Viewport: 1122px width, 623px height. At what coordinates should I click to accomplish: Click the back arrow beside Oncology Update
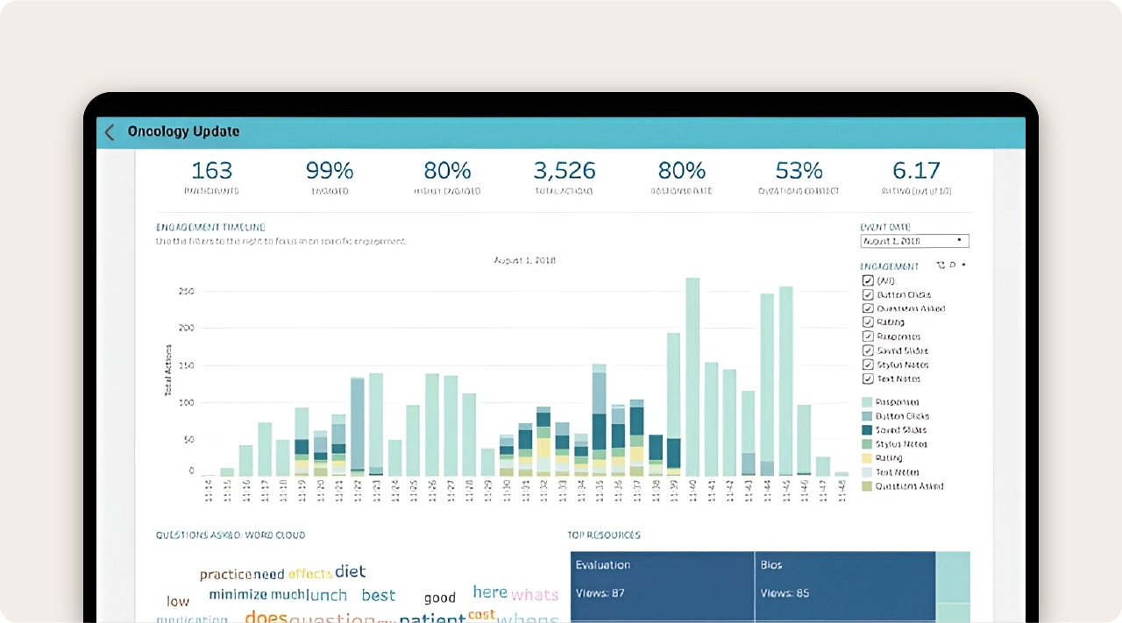click(110, 132)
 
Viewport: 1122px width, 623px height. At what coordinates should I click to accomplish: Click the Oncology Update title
click(183, 132)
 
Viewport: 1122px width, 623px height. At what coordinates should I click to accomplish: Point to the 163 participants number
click(211, 170)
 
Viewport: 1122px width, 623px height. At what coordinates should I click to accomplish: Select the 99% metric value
click(330, 170)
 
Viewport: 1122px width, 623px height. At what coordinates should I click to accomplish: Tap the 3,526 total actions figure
click(564, 170)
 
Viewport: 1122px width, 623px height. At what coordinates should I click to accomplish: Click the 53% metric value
click(799, 170)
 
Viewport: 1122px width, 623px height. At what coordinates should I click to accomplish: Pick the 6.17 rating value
click(916, 170)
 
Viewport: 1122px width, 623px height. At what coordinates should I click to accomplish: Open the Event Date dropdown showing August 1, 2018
click(914, 241)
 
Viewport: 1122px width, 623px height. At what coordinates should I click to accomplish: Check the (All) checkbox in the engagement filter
click(868, 281)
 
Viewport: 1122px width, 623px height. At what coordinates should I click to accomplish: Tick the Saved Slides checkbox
click(868, 350)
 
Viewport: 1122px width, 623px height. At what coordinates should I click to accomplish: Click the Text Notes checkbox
click(868, 379)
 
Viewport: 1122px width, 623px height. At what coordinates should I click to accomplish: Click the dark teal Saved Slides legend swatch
click(867, 430)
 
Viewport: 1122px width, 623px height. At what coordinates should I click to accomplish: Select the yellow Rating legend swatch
click(867, 458)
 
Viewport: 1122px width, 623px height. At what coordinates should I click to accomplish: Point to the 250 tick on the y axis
click(185, 292)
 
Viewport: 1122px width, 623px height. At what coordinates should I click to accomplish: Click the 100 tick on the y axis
click(185, 403)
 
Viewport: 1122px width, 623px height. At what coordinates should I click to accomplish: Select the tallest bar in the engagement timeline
click(692, 377)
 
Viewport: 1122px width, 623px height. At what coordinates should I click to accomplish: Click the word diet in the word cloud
click(350, 571)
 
